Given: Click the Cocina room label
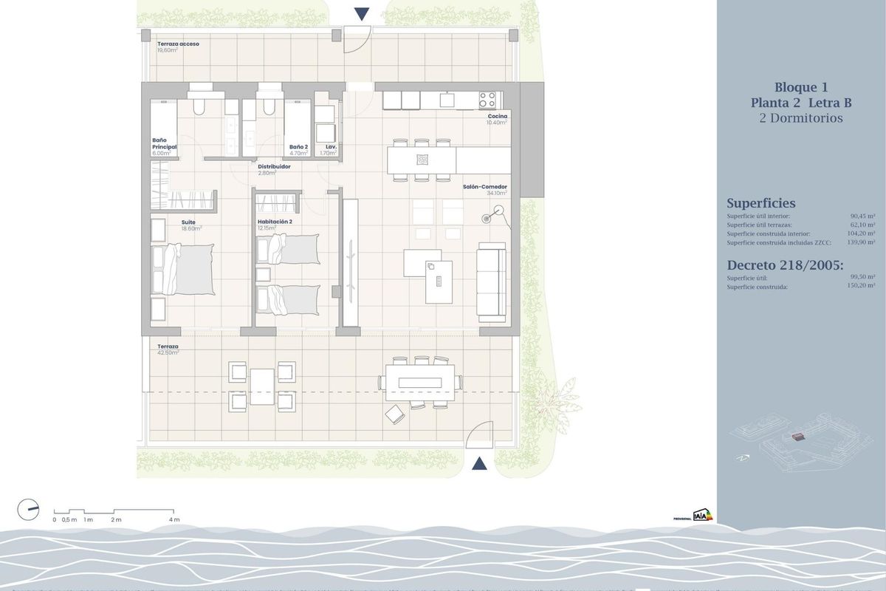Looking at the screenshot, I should click(497, 117).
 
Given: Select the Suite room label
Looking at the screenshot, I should click(188, 222).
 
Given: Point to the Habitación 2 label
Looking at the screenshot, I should click(275, 222).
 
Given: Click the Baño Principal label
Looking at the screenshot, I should click(164, 143).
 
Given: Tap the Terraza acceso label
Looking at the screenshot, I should click(178, 44).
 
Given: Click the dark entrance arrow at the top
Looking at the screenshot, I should click(361, 13).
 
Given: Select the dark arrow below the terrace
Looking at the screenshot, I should click(479, 464).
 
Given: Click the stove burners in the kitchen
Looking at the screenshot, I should click(487, 99).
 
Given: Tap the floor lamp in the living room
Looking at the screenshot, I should click(489, 218).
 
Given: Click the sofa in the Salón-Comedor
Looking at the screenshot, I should click(491, 281).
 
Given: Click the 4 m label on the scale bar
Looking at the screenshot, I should click(174, 520).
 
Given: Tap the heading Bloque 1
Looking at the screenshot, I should click(801, 86).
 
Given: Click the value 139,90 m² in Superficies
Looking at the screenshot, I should click(862, 242).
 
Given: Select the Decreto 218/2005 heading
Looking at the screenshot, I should click(785, 265).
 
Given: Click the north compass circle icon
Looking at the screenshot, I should click(28, 509).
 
